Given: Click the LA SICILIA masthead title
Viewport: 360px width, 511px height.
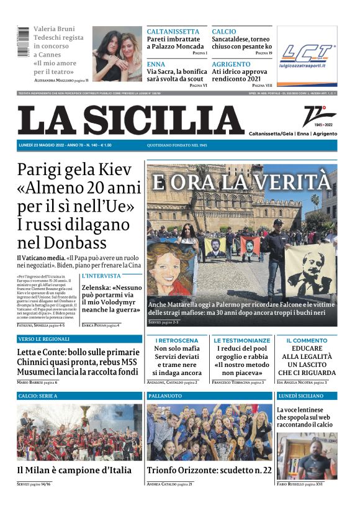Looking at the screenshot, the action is [130, 120].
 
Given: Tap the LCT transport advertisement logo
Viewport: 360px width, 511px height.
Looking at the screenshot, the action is [307, 55].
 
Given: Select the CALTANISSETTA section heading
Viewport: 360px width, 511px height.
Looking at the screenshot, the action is [173, 32].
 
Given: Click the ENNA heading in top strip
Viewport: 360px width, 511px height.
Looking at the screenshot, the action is [156, 64].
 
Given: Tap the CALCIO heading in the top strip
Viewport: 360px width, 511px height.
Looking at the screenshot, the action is [224, 32].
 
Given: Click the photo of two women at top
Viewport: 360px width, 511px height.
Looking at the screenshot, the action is [117, 54].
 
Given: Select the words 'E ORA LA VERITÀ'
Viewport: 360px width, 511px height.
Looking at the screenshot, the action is [241, 182].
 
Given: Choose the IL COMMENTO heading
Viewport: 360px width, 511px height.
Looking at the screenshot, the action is [307, 341].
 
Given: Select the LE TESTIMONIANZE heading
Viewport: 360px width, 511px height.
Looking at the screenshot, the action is [242, 341].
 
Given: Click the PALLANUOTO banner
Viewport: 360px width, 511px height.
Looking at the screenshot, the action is [165, 396].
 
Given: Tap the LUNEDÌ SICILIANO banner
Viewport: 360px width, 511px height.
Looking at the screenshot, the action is [300, 396].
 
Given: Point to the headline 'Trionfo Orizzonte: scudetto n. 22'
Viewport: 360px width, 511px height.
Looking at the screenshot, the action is [209, 470].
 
